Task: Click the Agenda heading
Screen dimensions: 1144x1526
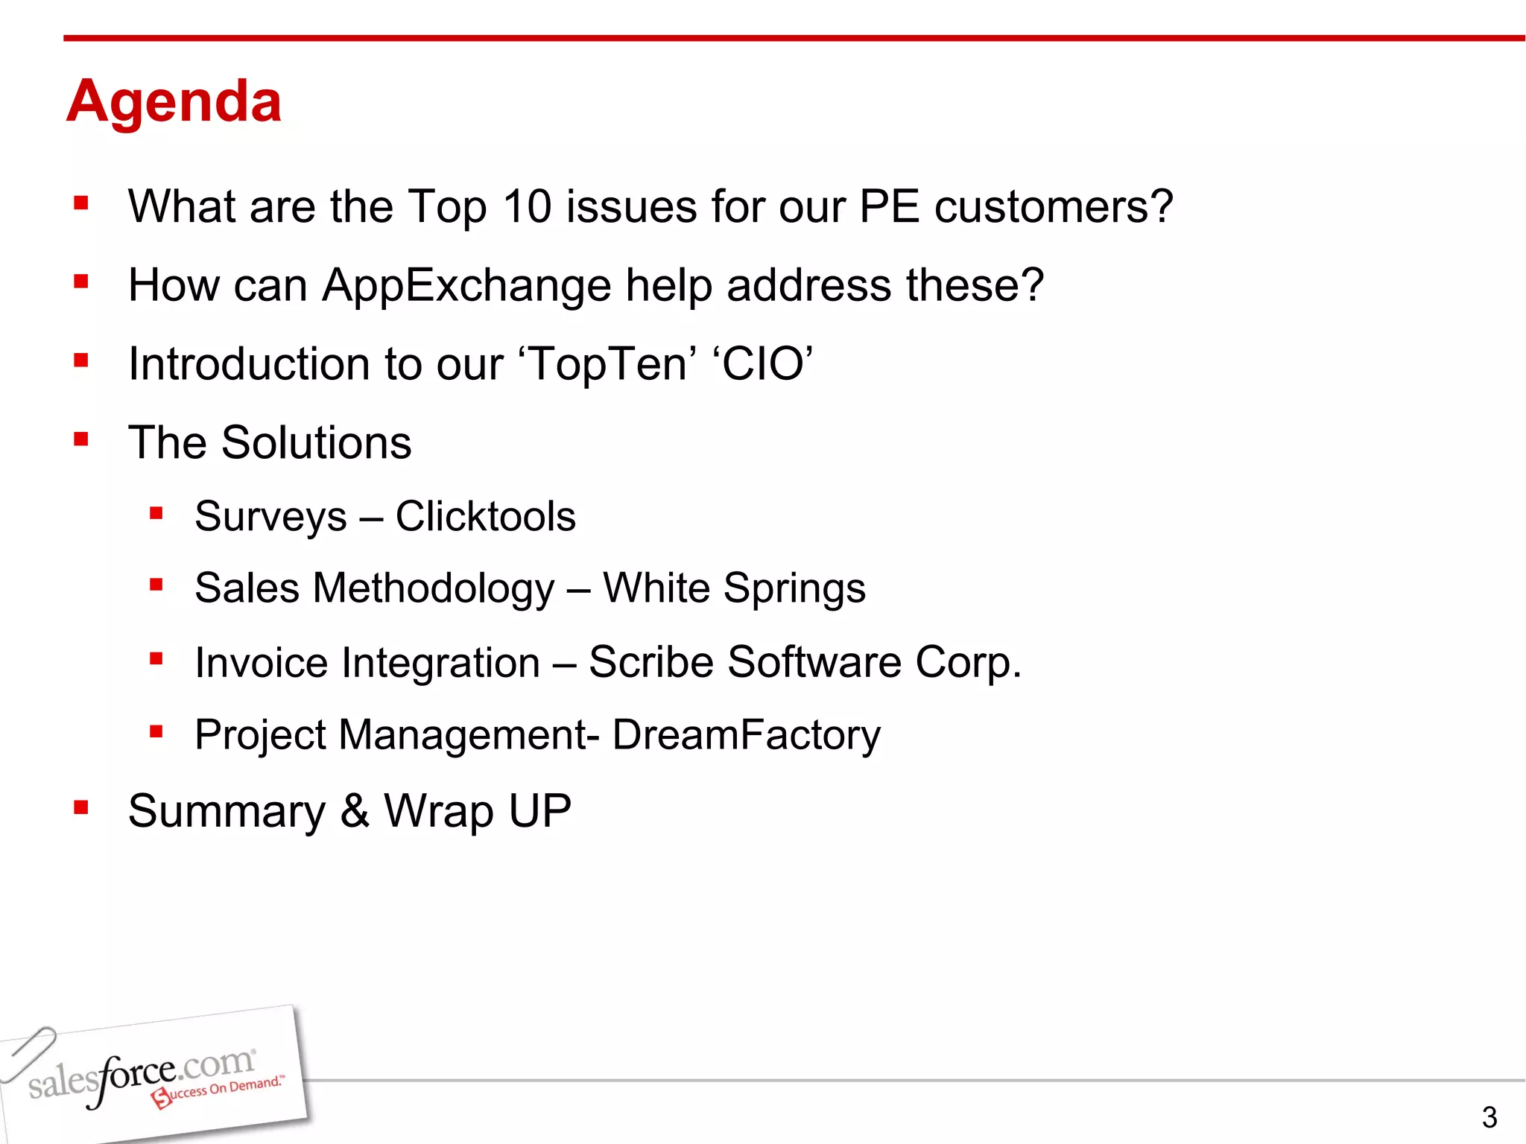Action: pyautogui.click(x=174, y=102)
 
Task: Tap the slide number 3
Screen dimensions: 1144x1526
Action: pyautogui.click(x=1489, y=1117)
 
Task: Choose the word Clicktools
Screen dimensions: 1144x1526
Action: pyautogui.click(x=485, y=516)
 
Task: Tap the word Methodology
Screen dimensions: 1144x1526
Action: pyautogui.click(x=434, y=588)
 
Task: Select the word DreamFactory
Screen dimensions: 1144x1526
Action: pyautogui.click(x=746, y=735)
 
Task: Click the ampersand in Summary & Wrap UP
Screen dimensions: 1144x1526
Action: pyautogui.click(x=355, y=811)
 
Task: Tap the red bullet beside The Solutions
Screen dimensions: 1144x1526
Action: pyautogui.click(x=81, y=439)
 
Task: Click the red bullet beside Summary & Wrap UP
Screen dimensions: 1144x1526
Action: pyautogui.click(x=81, y=807)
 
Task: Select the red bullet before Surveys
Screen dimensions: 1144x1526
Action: pyautogui.click(x=156, y=512)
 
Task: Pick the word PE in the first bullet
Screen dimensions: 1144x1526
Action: pyautogui.click(x=889, y=206)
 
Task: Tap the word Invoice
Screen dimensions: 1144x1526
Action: pyautogui.click(x=261, y=662)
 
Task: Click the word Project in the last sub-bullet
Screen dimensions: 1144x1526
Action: pyautogui.click(x=260, y=735)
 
